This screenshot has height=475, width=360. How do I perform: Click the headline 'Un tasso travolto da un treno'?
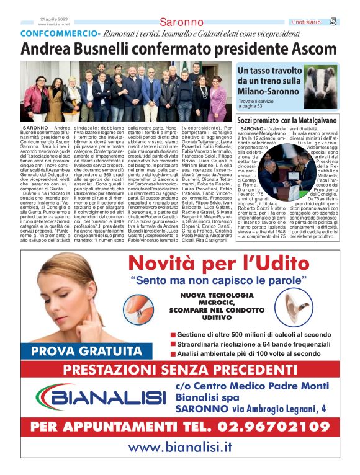click(268, 81)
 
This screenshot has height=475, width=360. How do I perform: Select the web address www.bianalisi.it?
click(179, 448)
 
